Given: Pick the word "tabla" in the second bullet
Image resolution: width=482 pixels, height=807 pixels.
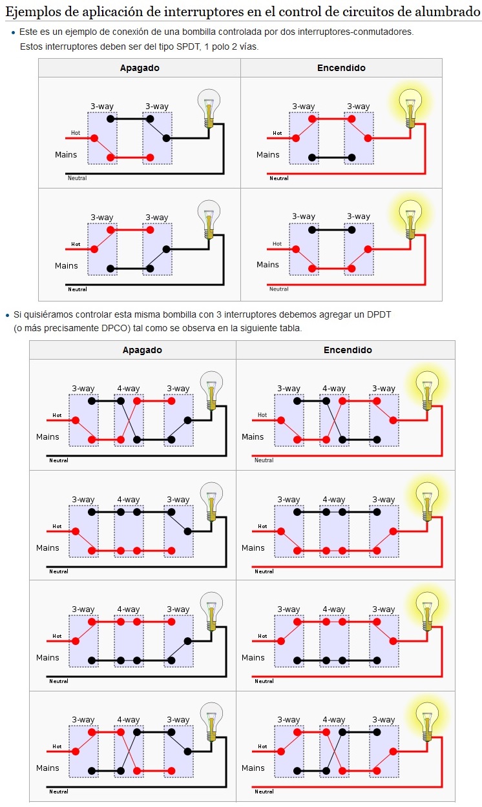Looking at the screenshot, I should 289,328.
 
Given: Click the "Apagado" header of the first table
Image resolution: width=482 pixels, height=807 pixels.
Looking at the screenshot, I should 140,68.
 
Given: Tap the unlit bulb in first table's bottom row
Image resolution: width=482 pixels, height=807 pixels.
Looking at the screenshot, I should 209,218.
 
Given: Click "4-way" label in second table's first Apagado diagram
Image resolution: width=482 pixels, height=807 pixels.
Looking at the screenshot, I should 128,389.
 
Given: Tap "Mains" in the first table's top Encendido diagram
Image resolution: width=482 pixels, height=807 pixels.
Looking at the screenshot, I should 268,155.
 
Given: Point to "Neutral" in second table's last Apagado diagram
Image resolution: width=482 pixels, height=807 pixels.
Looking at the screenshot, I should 59,792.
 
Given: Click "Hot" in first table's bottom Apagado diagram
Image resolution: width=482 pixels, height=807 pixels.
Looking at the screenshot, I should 76,244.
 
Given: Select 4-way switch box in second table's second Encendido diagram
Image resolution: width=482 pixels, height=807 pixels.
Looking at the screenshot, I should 334,531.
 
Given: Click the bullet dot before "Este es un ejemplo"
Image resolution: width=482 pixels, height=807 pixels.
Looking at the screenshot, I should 14,32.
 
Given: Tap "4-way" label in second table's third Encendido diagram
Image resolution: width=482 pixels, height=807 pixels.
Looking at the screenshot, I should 333,609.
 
